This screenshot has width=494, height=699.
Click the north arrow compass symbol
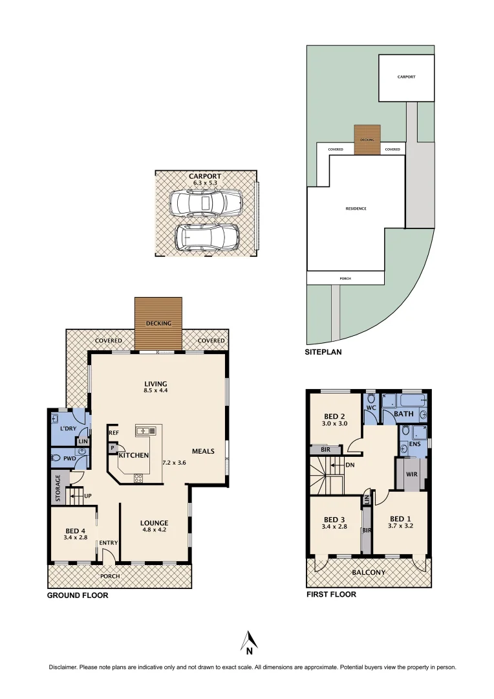[x=249, y=641]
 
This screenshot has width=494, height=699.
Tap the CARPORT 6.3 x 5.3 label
[x=204, y=179]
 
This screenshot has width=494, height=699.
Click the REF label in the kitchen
[x=114, y=432]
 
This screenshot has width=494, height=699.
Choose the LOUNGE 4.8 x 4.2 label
[x=154, y=527]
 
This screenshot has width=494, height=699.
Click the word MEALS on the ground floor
[x=203, y=451]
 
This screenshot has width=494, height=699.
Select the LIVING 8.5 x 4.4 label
[x=155, y=387]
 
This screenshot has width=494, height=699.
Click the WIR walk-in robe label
[x=411, y=474]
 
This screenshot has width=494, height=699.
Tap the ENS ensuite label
[x=414, y=444]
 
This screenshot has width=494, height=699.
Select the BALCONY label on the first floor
[x=368, y=572]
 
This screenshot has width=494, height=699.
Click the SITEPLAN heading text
[x=323, y=353]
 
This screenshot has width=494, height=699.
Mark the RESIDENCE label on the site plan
[x=356, y=208]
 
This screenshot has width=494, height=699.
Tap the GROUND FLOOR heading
[x=78, y=595]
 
